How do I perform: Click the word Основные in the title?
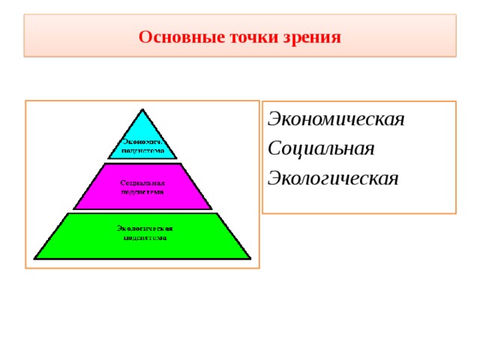[x=173, y=37]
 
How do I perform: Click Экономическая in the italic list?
[x=336, y=119]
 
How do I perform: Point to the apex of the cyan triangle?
[x=142, y=109]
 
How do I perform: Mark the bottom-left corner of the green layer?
[x=34, y=259]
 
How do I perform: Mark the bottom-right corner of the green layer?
[x=250, y=259]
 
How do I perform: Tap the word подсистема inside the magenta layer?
[x=142, y=191]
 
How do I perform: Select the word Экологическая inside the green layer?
[x=144, y=228]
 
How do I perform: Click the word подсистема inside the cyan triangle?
[x=142, y=149]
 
